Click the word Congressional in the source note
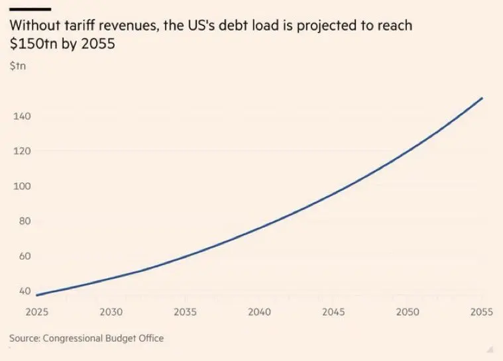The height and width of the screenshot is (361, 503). tap(73, 338)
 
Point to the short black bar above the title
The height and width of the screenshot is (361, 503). tap(30, 9)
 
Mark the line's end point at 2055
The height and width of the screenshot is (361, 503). tap(482, 98)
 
